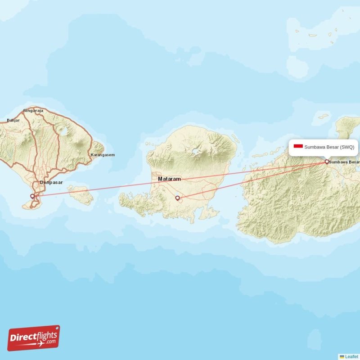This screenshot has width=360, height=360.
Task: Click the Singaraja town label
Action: tap(32, 110)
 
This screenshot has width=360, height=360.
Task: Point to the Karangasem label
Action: tap(103, 155)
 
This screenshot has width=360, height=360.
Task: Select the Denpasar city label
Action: tap(51, 182)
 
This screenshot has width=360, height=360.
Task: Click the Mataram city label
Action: tap(169, 179)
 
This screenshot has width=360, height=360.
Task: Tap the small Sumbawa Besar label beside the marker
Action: tap(345, 162)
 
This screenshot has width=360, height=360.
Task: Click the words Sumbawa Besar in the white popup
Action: tap(322, 147)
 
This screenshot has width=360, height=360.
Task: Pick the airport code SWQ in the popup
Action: tap(347, 147)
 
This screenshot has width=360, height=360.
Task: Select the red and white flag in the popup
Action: tap(297, 146)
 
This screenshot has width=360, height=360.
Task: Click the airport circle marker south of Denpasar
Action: tap(32, 196)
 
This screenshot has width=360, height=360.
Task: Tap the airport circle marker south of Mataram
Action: tap(177, 198)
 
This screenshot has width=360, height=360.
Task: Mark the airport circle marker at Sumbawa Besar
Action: tap(327, 162)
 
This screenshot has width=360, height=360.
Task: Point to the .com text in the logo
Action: tap(51, 342)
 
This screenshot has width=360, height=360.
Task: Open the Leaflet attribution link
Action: tap(352, 356)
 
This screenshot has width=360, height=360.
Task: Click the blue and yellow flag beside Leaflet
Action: tap(342, 356)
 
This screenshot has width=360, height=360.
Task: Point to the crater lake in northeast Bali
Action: tap(63, 131)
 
